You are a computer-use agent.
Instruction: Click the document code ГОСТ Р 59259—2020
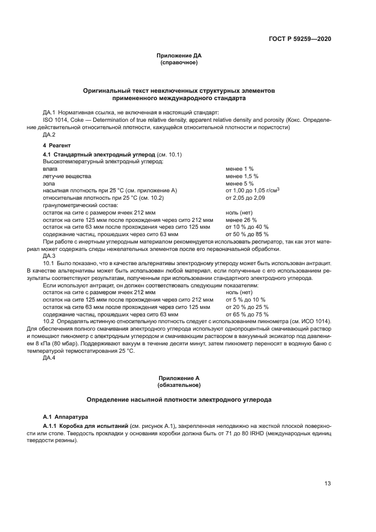(x=300, y=38)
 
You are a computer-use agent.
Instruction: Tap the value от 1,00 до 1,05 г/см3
(x=253, y=191)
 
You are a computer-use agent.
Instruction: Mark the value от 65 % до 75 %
(x=247, y=314)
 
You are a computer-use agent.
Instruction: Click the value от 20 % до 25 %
(x=247, y=307)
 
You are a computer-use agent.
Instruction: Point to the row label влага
(x=50, y=169)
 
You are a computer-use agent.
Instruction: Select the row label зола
(x=49, y=184)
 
